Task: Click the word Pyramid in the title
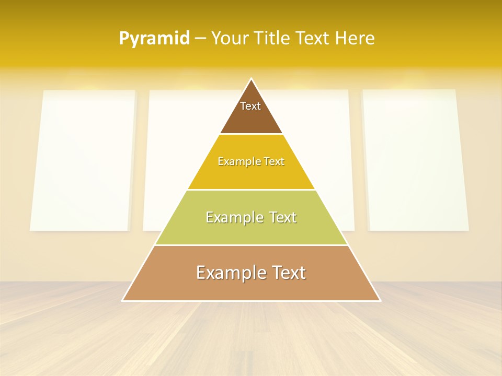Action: pos(154,39)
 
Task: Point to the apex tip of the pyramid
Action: pos(252,79)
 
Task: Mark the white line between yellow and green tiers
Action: pos(251,190)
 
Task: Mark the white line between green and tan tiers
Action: pos(251,245)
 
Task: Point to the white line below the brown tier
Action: pos(251,134)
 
